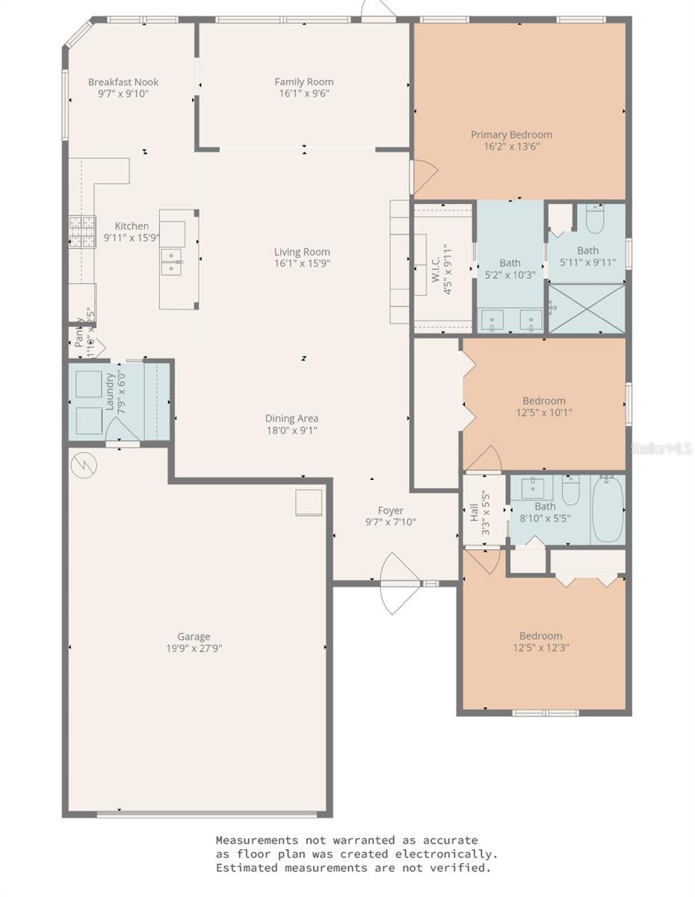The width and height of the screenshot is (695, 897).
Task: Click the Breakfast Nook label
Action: click(123, 82)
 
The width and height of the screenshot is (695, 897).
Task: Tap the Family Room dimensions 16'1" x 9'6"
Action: click(303, 94)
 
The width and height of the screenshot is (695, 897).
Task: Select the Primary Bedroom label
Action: click(511, 135)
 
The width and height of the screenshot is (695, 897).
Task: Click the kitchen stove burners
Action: click(83, 231)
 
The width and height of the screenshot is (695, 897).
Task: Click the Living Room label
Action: click(302, 252)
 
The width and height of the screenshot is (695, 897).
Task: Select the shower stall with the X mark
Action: click(587, 307)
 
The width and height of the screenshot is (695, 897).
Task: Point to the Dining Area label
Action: click(291, 419)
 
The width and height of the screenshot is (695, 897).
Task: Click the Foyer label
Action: click(390, 511)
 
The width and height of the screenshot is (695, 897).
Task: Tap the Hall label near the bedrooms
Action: click(474, 513)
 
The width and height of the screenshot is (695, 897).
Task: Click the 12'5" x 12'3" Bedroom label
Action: click(542, 636)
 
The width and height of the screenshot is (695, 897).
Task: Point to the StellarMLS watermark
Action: click(661, 449)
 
